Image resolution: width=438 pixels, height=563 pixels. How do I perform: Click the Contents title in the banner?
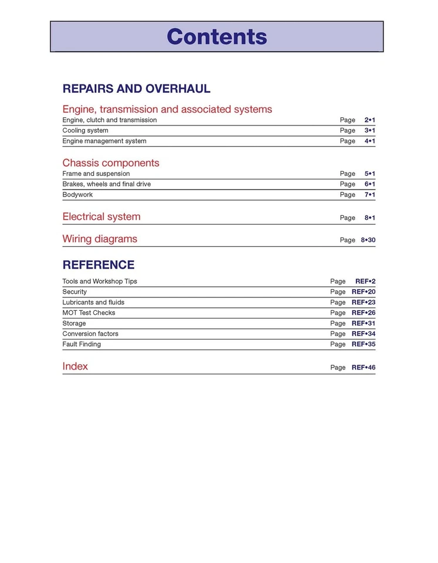tap(217, 36)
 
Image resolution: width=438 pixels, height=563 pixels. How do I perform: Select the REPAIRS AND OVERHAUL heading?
tap(136, 89)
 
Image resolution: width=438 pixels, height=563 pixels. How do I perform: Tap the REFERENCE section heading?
tap(99, 264)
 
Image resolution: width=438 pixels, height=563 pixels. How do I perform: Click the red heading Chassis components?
tap(111, 163)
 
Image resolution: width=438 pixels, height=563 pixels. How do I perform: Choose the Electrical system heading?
tap(101, 217)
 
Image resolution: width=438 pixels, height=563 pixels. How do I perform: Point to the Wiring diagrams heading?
tap(100, 239)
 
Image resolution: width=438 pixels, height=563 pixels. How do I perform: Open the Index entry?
tap(75, 367)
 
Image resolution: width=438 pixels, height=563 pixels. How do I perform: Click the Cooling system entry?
tap(85, 131)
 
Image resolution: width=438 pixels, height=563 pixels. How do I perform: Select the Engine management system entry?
tap(104, 141)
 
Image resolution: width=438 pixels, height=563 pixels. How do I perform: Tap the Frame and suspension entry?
tap(96, 174)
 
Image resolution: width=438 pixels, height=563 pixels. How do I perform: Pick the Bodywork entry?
tap(77, 195)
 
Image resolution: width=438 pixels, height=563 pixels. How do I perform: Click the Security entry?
tap(74, 292)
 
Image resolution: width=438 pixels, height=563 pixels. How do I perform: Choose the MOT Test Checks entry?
tap(89, 313)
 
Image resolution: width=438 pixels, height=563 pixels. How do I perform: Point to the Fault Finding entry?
tap(82, 345)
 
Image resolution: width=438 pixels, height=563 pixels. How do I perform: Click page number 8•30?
tap(368, 240)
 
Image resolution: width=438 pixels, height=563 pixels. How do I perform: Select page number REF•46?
tap(363, 368)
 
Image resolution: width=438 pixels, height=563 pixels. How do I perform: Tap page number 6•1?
tap(369, 184)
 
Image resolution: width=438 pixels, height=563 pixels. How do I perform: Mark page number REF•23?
tap(363, 303)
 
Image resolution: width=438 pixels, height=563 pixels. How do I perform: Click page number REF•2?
tap(365, 281)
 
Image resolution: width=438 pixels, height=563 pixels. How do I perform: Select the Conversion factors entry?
tap(90, 334)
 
